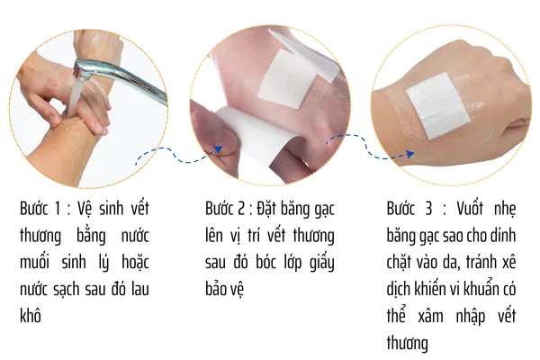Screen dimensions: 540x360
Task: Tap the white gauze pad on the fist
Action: (437, 105)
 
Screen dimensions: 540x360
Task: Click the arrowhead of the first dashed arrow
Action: (219, 149)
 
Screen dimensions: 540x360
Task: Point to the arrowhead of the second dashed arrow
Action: (409, 154)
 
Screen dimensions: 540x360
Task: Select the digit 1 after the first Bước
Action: (58, 209)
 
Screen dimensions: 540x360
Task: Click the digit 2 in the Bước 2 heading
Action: (240, 209)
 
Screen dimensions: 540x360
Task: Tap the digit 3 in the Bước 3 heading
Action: (428, 209)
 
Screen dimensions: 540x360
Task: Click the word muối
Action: (34, 262)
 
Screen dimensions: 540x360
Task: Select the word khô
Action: (31, 316)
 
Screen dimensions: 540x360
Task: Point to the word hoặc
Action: (135, 263)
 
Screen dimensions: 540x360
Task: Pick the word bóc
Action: (265, 262)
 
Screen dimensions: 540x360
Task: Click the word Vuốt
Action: (470, 209)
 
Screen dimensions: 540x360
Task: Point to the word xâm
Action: (430, 316)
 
